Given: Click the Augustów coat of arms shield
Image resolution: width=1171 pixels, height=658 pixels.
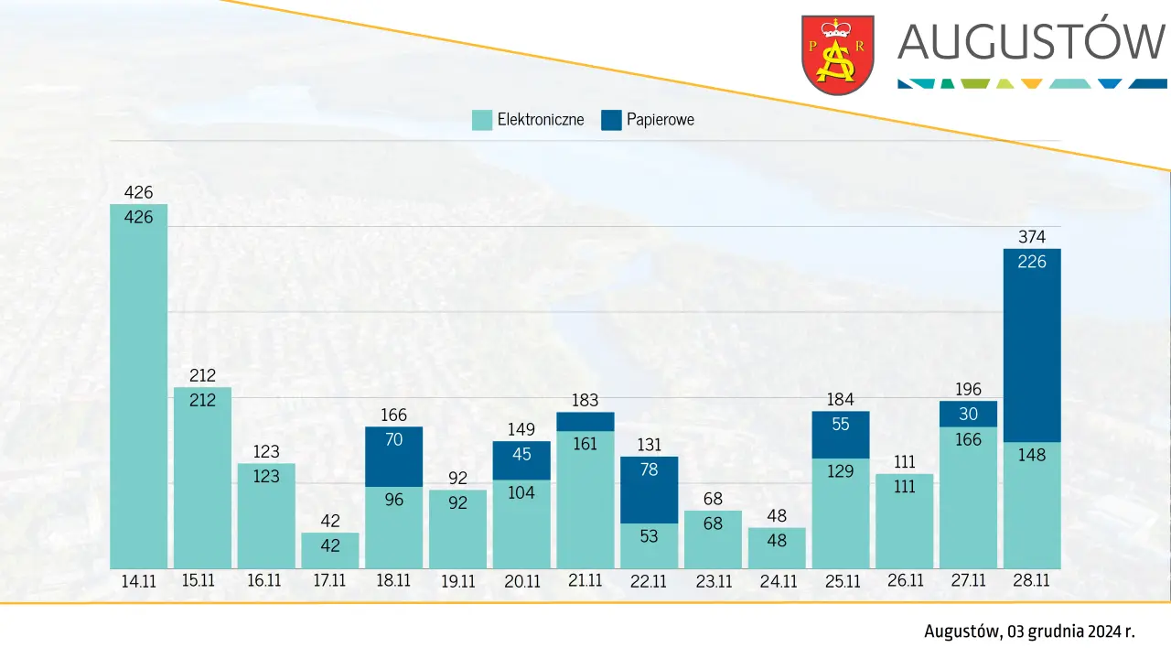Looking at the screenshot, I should pyautogui.click(x=837, y=54).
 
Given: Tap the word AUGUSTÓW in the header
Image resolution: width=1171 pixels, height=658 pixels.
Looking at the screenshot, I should pyautogui.click(x=1031, y=41).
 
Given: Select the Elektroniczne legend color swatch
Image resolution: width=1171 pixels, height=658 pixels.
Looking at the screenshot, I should pyautogui.click(x=481, y=120).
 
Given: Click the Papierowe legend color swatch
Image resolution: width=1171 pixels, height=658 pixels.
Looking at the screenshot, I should pyautogui.click(x=611, y=120).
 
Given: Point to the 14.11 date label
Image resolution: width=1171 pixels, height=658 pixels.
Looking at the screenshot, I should pyautogui.click(x=138, y=580).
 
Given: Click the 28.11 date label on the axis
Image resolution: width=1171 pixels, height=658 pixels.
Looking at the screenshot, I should pyautogui.click(x=1032, y=580).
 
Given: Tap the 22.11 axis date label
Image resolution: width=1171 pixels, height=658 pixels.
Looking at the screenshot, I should pyautogui.click(x=649, y=580).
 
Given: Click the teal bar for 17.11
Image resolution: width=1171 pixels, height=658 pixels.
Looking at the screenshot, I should pyautogui.click(x=330, y=551).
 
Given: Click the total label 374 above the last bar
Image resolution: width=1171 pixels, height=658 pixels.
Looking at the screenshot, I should pyautogui.click(x=1032, y=237).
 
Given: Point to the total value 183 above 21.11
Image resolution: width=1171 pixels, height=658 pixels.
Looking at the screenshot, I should pyautogui.click(x=585, y=400).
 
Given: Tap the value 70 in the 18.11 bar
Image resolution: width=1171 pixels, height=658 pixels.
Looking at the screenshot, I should pyautogui.click(x=394, y=439).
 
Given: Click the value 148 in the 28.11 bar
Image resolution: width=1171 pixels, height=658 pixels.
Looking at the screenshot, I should pyautogui.click(x=1032, y=454).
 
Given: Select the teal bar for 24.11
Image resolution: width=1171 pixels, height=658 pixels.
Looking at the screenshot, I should pyautogui.click(x=777, y=548).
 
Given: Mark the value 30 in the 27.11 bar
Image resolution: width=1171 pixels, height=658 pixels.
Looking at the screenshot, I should pyautogui.click(x=969, y=414).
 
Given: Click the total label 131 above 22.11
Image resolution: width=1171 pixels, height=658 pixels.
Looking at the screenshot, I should pyautogui.click(x=649, y=444).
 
